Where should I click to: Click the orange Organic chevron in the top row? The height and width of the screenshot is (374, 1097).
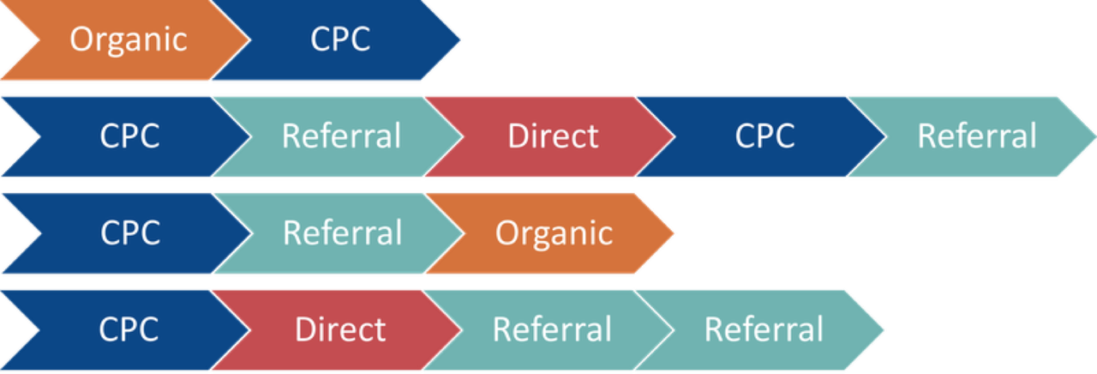click(129, 39)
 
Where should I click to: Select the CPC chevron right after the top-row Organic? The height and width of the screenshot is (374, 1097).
click(340, 39)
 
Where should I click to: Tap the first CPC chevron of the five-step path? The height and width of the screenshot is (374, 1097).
click(129, 136)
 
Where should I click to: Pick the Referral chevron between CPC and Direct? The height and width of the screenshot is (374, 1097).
click(341, 136)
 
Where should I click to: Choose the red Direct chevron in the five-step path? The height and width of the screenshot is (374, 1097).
click(553, 136)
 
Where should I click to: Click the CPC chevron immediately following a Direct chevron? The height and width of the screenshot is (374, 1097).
click(764, 136)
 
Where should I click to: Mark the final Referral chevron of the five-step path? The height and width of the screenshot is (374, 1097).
click(977, 136)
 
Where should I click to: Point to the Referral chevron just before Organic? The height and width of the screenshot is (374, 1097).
click(342, 233)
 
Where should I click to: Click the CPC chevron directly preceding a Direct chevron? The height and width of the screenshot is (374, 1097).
click(129, 330)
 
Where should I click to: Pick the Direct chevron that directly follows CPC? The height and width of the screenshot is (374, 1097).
click(340, 330)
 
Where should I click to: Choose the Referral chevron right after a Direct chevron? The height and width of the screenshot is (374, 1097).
click(552, 330)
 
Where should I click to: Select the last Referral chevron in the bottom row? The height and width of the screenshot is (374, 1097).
click(764, 330)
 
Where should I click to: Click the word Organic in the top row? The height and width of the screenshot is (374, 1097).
click(129, 39)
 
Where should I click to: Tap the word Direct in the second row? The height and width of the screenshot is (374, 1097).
click(553, 136)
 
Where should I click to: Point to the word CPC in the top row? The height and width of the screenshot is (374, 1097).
click(340, 39)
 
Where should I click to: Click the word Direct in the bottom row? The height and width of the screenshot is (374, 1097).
click(340, 330)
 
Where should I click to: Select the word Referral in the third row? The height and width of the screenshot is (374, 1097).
click(342, 233)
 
